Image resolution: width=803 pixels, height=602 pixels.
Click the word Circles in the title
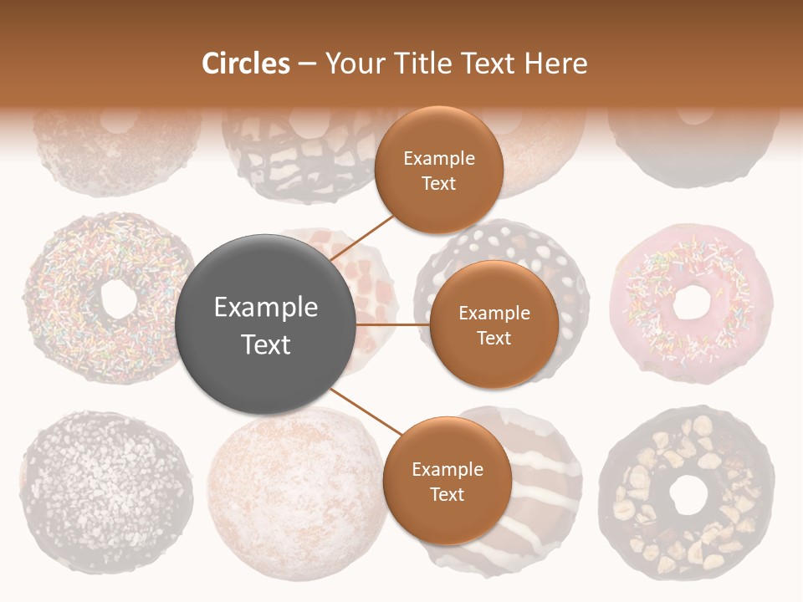coord(245,64)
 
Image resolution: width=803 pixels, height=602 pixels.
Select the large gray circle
coord(266,324)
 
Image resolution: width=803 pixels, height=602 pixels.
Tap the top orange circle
coord(438,170)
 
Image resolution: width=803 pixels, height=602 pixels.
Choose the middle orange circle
coord(494,324)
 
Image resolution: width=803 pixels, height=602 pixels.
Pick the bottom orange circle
coord(447,481)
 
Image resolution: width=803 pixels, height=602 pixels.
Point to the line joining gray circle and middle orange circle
coord(392,324)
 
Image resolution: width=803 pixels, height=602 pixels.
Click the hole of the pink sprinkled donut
coord(691,302)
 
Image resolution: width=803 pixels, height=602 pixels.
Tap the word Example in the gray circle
coord(266,308)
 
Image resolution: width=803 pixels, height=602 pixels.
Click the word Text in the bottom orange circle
coord(447,494)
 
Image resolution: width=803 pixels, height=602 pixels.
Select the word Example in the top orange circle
coord(438,159)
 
